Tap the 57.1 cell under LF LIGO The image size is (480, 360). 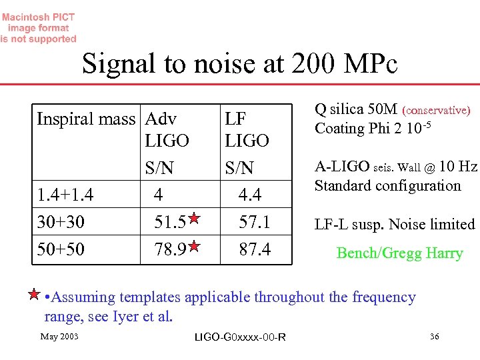pos(254,222)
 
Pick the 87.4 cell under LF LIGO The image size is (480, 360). pos(254,249)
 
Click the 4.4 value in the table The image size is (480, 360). pos(250,195)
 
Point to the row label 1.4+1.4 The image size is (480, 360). pos(65,195)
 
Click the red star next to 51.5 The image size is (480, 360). pos(193,218)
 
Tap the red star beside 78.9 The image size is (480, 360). pos(193,246)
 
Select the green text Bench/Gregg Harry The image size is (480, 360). pos(399,253)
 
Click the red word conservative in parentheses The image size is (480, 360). pos(436,110)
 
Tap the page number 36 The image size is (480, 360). pos(434,337)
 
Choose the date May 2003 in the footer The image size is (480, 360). pos(59,336)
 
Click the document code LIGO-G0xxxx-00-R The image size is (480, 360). pos(240,337)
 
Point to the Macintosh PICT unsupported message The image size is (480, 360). pos(39,28)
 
